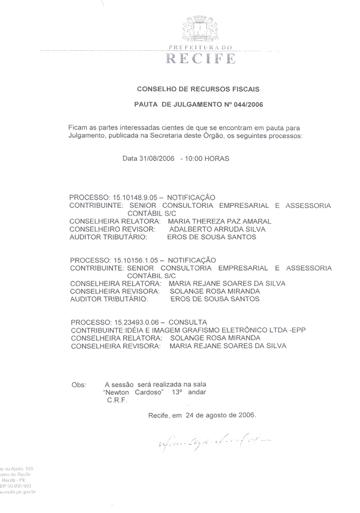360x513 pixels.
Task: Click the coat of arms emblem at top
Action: [200, 30]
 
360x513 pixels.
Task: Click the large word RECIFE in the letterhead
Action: [200, 58]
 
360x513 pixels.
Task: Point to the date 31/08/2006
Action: [157, 158]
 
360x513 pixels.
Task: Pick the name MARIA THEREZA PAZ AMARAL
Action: [220, 221]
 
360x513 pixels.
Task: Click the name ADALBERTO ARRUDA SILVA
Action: [213, 228]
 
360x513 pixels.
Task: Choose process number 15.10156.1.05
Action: [134, 260]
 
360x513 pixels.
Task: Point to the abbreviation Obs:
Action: [79, 384]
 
